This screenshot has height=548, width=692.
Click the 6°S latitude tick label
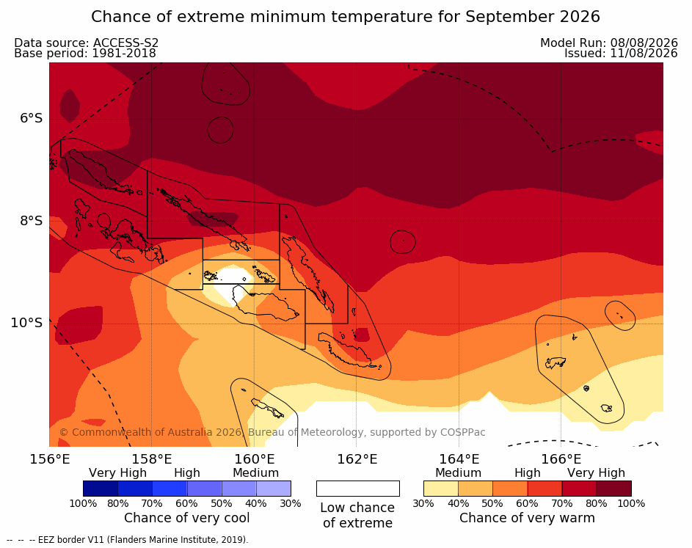(x=31, y=118)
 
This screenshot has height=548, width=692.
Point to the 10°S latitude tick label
(x=27, y=323)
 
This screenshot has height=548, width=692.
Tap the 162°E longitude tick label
(x=357, y=459)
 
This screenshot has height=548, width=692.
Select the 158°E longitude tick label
(x=152, y=459)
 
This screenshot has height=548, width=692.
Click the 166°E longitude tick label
(x=561, y=459)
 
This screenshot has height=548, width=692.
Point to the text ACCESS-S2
(x=125, y=43)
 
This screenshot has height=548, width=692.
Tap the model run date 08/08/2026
(x=644, y=43)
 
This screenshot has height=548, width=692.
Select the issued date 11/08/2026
(x=644, y=54)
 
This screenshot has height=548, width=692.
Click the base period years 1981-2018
(x=124, y=54)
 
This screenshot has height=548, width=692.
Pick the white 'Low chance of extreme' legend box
(x=358, y=489)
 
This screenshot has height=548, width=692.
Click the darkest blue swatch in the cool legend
(x=101, y=489)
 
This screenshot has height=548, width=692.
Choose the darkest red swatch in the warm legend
(x=614, y=489)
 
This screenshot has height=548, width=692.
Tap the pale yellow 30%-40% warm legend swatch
(x=441, y=489)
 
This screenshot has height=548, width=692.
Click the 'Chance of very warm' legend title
(x=527, y=518)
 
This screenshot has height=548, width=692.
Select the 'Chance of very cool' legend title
(x=186, y=518)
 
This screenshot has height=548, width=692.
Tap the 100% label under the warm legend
(x=631, y=503)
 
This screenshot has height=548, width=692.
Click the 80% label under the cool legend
(x=118, y=503)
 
